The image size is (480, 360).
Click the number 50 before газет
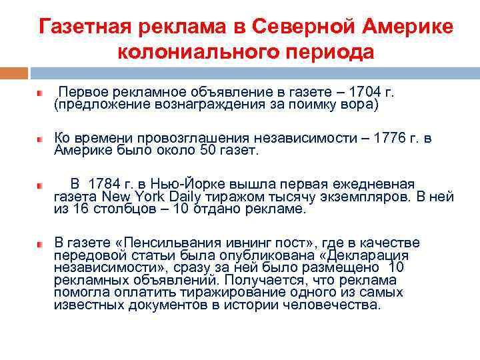[207, 151]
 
